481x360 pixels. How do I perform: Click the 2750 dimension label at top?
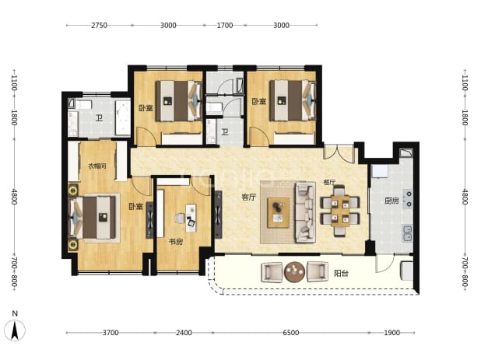point(99,25)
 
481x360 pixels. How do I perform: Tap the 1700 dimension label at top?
point(225,25)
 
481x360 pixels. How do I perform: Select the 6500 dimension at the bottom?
point(290,333)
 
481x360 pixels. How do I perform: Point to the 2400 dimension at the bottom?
point(184,333)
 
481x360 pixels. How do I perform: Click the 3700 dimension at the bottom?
point(111,333)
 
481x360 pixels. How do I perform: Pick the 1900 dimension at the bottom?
point(391,333)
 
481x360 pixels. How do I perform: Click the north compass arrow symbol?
point(15,330)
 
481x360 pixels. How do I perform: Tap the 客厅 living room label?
point(248,197)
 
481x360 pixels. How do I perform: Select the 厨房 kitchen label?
point(391,201)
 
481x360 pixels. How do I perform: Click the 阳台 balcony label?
point(341,273)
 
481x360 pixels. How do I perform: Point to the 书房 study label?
point(175,242)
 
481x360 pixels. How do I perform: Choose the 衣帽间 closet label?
point(97,166)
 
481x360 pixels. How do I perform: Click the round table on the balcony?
point(294,272)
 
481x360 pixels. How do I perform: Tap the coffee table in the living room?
point(278,212)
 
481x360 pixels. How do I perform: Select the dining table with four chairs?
point(340,211)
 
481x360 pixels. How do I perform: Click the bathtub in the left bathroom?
point(123,117)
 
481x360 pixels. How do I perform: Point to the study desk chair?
point(180,218)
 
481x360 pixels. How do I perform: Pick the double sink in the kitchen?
point(407,232)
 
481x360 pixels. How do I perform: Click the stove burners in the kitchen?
point(409,199)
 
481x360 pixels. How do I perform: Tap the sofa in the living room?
point(306,212)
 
